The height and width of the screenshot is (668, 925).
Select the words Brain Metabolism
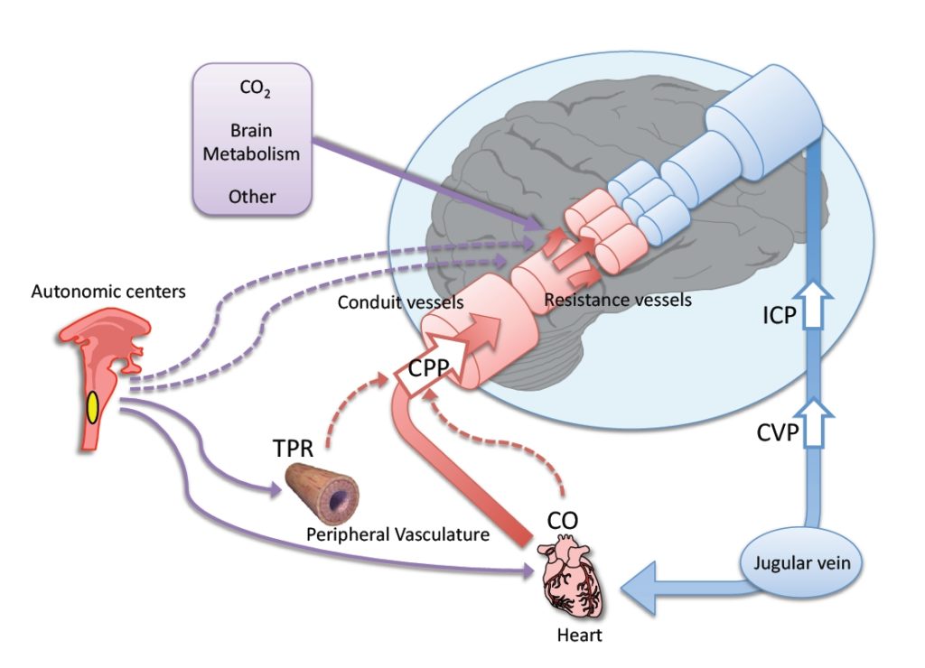click(250, 143)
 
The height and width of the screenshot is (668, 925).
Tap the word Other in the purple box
click(252, 196)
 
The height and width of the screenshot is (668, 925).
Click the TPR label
click(294, 448)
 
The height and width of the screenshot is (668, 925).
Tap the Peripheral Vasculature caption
click(397, 534)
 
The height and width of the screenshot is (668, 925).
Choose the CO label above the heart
click(563, 522)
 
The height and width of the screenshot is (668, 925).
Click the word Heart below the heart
click(578, 636)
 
